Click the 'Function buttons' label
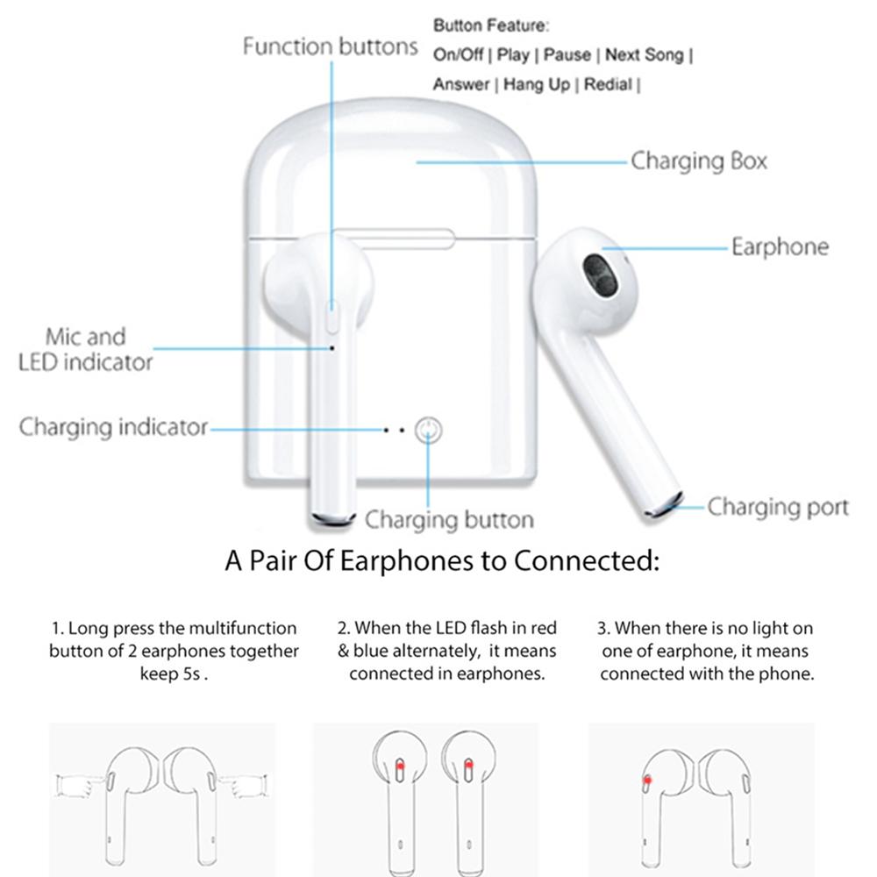click(330, 46)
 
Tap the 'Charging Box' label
click(699, 161)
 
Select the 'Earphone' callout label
click(781, 246)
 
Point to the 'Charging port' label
click(778, 507)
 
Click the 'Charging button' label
click(449, 519)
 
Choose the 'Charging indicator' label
click(113, 427)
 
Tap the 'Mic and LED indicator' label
click(85, 350)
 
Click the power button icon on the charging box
click(429, 430)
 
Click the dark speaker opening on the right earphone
click(600, 276)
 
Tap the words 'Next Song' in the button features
click(645, 54)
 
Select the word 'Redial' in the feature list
click(608, 84)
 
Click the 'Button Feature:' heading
click(491, 25)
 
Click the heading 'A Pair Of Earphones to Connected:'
click(442, 560)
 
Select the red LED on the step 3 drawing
click(647, 780)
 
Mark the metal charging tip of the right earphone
click(664, 505)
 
